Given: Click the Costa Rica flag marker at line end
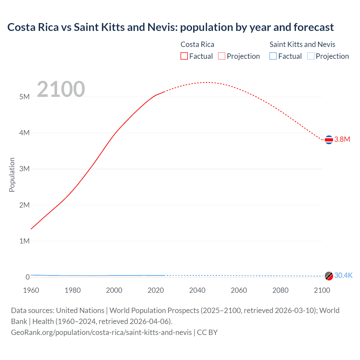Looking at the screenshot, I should tap(329, 139).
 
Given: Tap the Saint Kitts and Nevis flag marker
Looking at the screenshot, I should tap(329, 276).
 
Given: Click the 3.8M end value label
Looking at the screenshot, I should tap(342, 139).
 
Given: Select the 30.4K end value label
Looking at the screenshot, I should tap(343, 275).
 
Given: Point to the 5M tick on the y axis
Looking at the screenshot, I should tap(24, 97).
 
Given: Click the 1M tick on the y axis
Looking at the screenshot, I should tap(24, 241).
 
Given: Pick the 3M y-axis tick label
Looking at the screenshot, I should tap(24, 169).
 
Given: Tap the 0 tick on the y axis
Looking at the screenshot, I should tap(28, 277).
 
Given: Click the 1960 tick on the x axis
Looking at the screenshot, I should tap(31, 290).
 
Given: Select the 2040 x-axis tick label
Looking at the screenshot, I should tap(197, 290).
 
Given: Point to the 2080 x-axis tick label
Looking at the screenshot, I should tap(280, 290).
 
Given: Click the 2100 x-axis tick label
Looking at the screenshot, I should tap(322, 290).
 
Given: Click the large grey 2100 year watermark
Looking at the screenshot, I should tap(61, 89).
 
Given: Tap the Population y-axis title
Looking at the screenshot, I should tap(12, 175).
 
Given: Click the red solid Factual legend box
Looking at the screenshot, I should tap(184, 56).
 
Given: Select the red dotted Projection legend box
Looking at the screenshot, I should tap(222, 56).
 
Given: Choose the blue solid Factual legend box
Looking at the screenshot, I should tap(273, 56).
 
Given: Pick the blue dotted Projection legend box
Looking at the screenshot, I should tap(310, 56).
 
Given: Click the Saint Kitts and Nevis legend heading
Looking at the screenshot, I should tap(302, 44).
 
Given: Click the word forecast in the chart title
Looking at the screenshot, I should tap(314, 27).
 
